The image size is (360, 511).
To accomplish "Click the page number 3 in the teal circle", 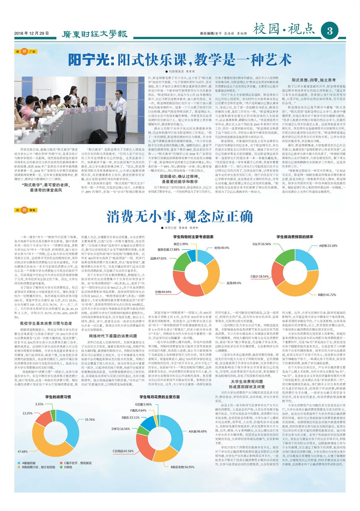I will (329, 31).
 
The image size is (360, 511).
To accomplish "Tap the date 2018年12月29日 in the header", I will (31, 33).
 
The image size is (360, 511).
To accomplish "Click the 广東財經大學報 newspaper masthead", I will (94, 34).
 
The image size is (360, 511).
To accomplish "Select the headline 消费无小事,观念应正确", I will (180, 217).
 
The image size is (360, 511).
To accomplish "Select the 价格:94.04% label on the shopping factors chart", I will (163, 292).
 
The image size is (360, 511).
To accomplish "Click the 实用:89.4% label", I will (234, 283).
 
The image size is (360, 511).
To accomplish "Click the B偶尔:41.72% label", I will (327, 295).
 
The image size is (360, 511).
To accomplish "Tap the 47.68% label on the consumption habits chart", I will (22, 451).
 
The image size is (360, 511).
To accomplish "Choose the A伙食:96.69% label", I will (197, 431).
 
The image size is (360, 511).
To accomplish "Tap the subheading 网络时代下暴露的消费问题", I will (113, 336).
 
